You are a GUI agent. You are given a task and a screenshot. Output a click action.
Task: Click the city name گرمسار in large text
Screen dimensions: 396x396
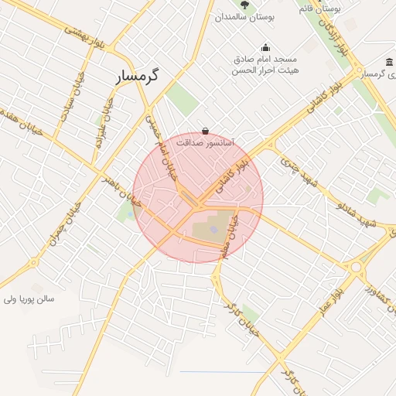[x=136, y=76]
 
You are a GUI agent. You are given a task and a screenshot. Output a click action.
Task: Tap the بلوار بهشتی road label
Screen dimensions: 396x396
[x=84, y=35]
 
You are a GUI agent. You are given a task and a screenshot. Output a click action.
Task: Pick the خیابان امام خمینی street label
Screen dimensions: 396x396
[x=164, y=147]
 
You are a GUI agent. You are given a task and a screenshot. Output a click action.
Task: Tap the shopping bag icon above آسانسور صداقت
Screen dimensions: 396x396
[x=205, y=131]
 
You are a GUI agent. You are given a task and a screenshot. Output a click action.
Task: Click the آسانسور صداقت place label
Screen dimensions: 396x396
[x=205, y=142]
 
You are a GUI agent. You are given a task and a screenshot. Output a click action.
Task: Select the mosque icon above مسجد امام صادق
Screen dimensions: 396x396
[x=265, y=47]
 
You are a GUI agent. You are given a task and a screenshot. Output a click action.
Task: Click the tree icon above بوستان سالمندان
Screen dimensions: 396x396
[x=244, y=5]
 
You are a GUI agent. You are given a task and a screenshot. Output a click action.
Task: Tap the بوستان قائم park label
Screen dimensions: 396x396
[x=320, y=9]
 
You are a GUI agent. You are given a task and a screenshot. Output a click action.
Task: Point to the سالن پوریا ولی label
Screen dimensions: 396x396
[x=29, y=298]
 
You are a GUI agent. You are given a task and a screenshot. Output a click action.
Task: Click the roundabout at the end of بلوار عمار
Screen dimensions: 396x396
[x=357, y=268]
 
